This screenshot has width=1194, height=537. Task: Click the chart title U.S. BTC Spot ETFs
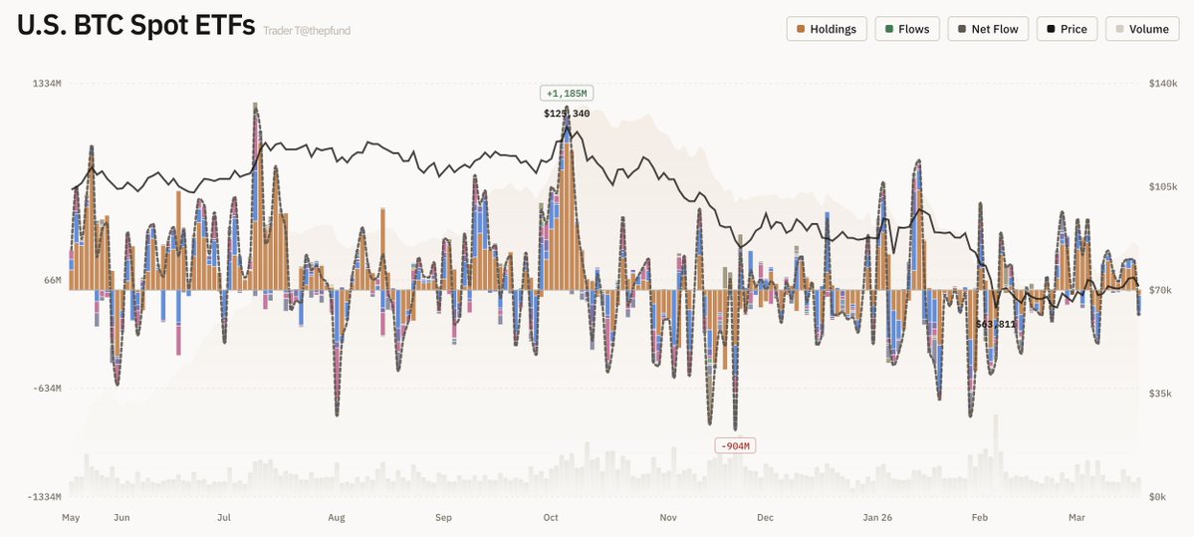click(136, 26)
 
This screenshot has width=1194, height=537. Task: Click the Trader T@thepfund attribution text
click(307, 31)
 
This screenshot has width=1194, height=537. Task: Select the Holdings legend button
click(827, 29)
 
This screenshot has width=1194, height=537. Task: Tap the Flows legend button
click(906, 29)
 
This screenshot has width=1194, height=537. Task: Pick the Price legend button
click(1067, 29)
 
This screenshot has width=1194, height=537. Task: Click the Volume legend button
click(1141, 29)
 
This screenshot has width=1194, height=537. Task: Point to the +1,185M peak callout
click(567, 94)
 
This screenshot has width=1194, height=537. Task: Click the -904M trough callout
click(735, 445)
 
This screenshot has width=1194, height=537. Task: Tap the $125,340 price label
click(567, 114)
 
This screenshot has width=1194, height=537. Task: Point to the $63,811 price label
click(996, 324)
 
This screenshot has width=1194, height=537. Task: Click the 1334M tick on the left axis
click(47, 84)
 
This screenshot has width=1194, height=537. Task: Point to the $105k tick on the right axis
click(1161, 187)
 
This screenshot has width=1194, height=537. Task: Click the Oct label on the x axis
click(551, 518)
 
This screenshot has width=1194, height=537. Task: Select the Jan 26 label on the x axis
click(878, 518)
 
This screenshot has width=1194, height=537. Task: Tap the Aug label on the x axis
click(337, 518)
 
